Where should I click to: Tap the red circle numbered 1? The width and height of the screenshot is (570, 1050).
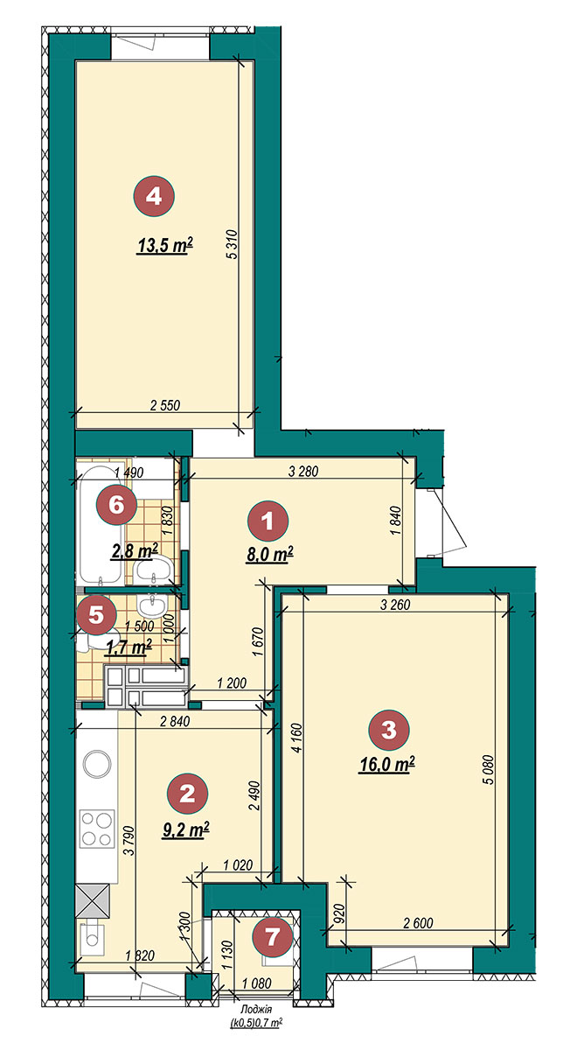point(268,521)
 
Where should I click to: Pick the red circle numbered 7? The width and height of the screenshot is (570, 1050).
point(272,938)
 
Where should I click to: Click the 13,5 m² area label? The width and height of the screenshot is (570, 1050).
point(165,246)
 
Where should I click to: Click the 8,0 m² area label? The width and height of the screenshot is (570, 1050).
point(270,554)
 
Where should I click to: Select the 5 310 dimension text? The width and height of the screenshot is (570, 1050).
point(232,244)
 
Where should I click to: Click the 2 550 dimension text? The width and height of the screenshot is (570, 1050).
point(165,405)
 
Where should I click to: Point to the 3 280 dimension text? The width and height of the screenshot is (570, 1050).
point(303,471)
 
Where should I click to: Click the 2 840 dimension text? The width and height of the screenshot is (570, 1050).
point(175,721)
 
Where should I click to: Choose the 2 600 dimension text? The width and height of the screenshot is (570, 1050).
point(418,923)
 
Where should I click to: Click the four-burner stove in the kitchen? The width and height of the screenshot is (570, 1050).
point(97,829)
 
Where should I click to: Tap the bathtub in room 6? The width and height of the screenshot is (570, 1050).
point(101,525)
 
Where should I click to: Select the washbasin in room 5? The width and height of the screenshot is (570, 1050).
point(151,605)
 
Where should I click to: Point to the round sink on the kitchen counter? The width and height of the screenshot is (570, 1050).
point(97,764)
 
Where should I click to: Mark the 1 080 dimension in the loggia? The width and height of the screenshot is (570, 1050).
point(257,983)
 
